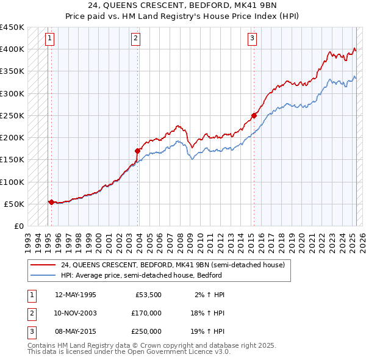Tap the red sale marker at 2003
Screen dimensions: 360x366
coord(138,150)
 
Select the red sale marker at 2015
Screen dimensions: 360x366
coord(254,115)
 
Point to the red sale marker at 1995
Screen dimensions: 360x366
coord(51,202)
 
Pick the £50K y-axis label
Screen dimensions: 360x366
coord(15,204)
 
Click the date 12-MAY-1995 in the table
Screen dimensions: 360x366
coord(76,295)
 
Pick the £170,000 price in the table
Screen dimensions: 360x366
coord(146,313)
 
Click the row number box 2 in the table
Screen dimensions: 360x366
coord(30,313)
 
